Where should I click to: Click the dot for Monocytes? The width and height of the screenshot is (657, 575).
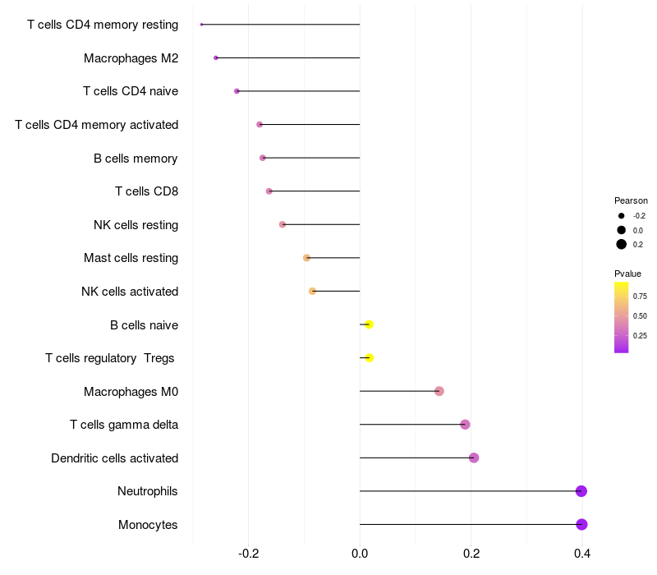tap(581, 524)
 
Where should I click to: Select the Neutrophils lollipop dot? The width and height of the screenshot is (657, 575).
tap(581, 490)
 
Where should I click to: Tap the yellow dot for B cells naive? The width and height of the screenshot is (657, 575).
tap(369, 324)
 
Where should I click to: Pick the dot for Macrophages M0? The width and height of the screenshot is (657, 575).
tap(439, 391)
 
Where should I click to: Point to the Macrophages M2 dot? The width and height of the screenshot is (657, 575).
tap(216, 57)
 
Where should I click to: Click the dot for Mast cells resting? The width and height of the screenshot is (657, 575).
tap(306, 258)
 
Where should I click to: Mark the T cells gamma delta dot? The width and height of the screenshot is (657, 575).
tap(465, 425)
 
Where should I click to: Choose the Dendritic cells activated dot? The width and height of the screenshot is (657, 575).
tap(474, 458)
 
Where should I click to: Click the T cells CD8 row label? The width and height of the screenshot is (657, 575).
tap(147, 191)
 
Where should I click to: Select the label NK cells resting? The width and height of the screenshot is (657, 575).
tap(136, 225)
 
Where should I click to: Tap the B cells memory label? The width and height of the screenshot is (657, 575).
tap(136, 159)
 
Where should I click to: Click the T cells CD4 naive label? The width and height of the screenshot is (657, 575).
tap(131, 91)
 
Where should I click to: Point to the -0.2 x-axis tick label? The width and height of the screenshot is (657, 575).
tap(248, 554)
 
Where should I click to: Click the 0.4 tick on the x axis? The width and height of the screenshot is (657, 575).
tap(582, 554)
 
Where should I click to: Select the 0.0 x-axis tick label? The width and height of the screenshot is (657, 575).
tap(360, 554)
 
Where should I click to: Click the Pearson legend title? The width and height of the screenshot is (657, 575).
tap(631, 200)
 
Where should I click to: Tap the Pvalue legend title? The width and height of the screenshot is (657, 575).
tap(627, 274)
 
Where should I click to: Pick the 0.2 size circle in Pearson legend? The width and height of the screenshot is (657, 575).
tap(622, 244)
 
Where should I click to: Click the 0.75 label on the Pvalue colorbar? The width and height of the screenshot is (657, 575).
tap(640, 297)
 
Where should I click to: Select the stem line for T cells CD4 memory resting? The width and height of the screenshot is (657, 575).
tap(281, 25)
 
